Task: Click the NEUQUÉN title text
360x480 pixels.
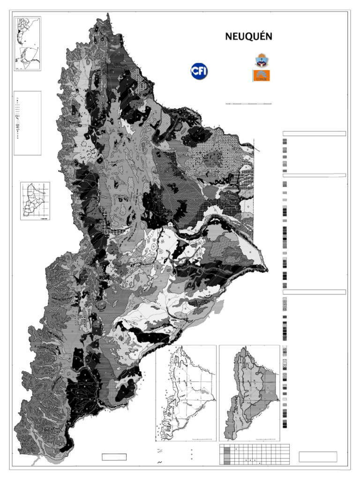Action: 248,37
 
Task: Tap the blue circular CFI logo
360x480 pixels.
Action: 199,71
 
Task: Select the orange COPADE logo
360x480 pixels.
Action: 261,75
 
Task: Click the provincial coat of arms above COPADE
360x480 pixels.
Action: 261,60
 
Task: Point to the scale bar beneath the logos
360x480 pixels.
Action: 248,103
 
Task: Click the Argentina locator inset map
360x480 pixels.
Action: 28,44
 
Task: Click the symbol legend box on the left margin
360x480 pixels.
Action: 28,123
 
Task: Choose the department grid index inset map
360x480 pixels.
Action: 35,201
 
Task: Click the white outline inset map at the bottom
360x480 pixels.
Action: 186,393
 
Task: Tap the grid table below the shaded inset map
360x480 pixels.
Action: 255,454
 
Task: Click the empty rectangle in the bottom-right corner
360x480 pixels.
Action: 318,457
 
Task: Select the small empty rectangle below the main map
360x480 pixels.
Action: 114,457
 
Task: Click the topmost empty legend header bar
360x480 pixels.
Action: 314,134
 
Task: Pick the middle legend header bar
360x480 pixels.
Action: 314,175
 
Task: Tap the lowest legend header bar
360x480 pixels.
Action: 314,292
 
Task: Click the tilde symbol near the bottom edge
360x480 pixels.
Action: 160,463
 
